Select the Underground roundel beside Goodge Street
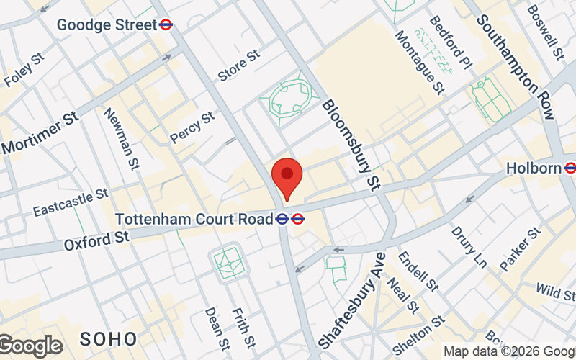pyautogui.click(x=166, y=25)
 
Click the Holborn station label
pyautogui.click(x=533, y=168)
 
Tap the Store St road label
pyautogui.click(x=238, y=68)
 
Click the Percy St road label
pyautogui.click(x=192, y=127)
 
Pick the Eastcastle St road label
pyautogui.click(x=70, y=202)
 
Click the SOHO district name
pyautogui.click(x=108, y=338)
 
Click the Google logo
pyautogui.click(x=30, y=346)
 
